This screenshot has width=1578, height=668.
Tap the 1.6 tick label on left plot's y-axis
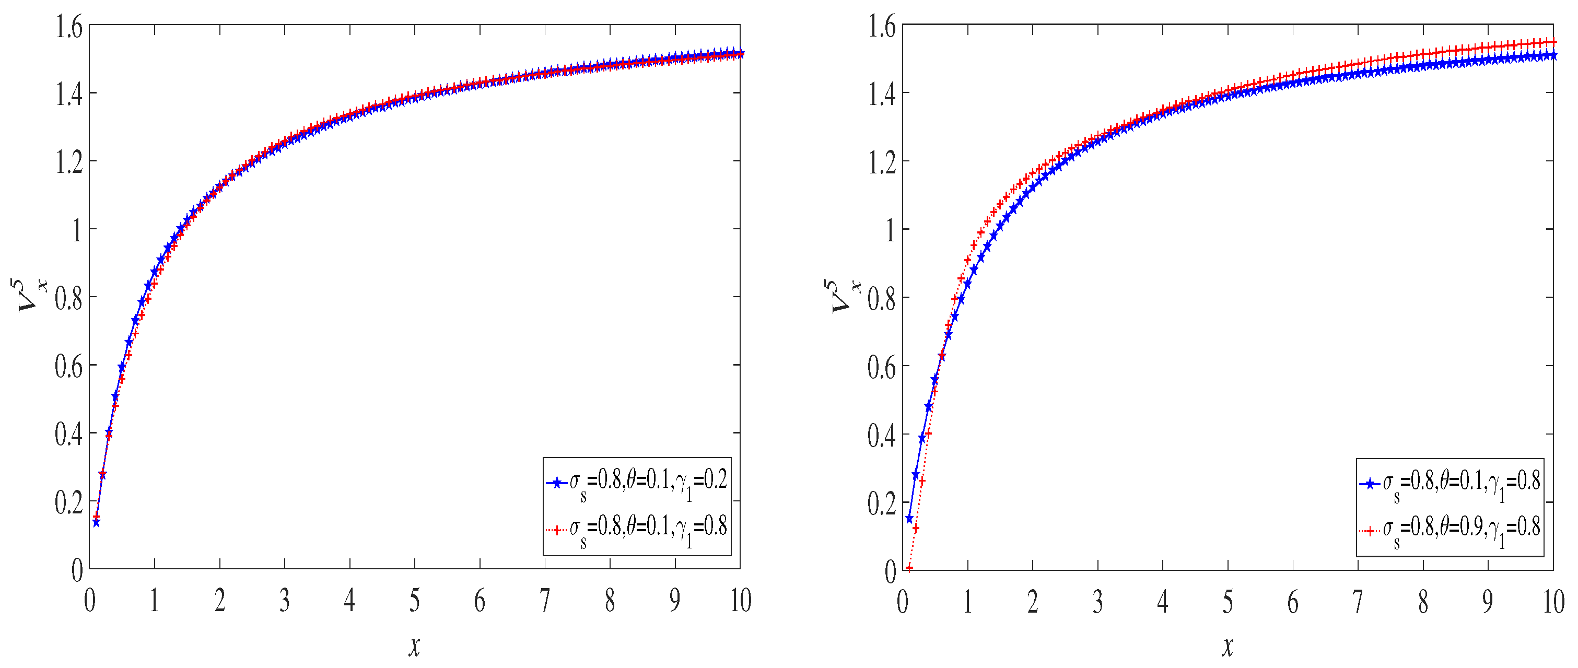tap(68, 28)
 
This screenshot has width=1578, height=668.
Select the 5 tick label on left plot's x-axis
tap(415, 601)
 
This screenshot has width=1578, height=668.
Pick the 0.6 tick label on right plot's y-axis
tap(882, 367)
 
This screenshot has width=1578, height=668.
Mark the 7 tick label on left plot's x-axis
tap(545, 601)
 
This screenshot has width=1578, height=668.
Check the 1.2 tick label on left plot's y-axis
tap(68, 163)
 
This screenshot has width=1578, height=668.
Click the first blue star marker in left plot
tap(96, 522)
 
